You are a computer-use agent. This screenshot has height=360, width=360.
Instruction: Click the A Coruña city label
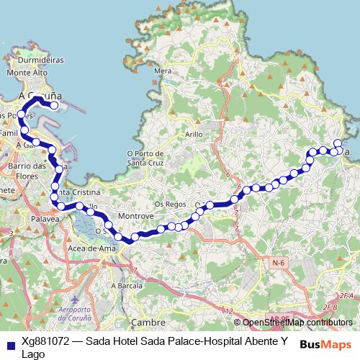click(40, 95)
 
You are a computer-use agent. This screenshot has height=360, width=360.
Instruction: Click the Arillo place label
click(194, 134)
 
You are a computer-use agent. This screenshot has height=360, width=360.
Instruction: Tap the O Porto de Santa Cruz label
click(146, 157)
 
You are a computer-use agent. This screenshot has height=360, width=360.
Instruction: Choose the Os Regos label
click(170, 204)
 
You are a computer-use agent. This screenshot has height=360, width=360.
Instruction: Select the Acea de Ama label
click(91, 248)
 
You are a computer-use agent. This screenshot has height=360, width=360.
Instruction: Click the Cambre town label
click(149, 323)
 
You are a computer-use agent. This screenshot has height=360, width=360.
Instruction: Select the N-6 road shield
click(279, 264)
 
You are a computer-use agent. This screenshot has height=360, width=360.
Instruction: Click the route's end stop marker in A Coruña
click(54, 105)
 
